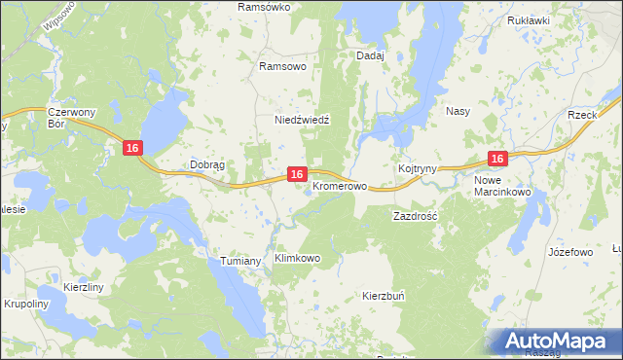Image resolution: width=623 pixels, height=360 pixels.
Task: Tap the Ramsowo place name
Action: tap(283, 67)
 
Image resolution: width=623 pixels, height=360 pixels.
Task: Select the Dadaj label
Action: tap(371, 56)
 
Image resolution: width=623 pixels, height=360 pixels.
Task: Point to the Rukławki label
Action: tap(529, 19)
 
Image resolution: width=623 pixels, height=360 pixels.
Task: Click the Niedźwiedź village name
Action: tap(303, 120)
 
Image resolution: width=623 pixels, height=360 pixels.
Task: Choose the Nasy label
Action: tap(458, 111)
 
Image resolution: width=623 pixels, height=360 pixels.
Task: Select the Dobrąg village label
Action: tap(207, 165)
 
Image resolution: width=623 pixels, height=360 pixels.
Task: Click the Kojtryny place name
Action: tap(417, 169)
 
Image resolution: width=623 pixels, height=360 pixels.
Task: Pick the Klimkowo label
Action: tap(298, 259)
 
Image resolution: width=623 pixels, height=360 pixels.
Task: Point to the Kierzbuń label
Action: tap(384, 295)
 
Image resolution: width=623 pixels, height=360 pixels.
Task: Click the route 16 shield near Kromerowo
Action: tap(298, 173)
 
